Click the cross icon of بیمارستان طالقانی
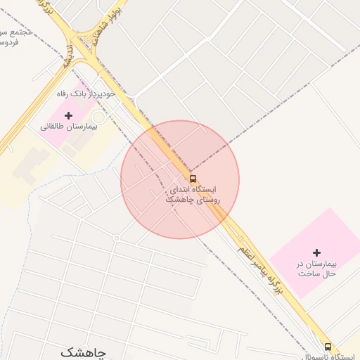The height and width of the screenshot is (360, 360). point(68,115)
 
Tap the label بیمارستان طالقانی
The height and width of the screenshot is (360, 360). point(68,127)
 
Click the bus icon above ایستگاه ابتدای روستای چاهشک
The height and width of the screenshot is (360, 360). point(193,179)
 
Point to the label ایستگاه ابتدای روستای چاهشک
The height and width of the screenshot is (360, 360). point(193,195)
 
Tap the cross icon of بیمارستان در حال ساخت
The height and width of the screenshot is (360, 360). point(316,252)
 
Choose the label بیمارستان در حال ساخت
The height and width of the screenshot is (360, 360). point(316,268)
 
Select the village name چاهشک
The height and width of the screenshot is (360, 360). point(82,352)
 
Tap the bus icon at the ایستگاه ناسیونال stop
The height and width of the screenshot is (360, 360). point(328,347)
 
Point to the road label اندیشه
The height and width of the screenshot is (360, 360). point(70,55)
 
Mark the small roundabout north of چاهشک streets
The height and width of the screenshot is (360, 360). point(117,238)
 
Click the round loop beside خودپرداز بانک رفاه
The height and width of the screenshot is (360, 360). point(98,116)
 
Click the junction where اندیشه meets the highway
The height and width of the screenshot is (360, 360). point(88,49)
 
